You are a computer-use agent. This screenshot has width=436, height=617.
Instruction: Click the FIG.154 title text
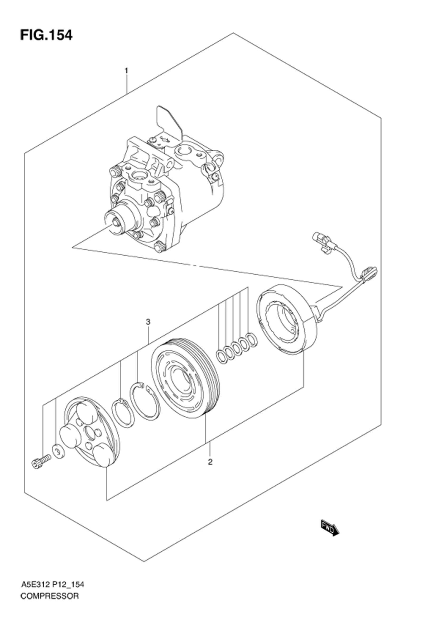(46, 35)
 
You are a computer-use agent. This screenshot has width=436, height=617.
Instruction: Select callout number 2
(210, 462)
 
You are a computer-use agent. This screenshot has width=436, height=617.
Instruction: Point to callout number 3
(148, 322)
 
